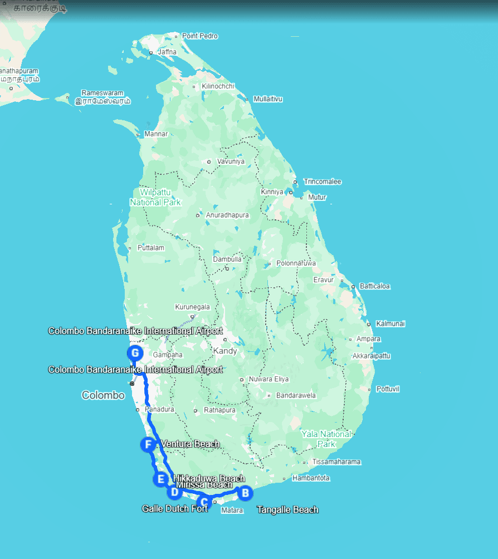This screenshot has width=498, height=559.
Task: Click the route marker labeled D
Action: [x=174, y=492]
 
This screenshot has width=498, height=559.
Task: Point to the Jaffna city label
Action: [x=167, y=52]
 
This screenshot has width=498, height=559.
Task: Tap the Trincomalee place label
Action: [x=322, y=182]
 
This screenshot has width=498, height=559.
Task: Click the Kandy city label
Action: [x=225, y=351]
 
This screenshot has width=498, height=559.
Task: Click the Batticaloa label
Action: [x=375, y=286]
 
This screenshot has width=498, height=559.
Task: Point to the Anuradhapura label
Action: [x=220, y=215]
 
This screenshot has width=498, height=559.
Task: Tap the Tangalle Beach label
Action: [x=287, y=509]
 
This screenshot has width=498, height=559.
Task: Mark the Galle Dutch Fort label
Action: [x=175, y=508]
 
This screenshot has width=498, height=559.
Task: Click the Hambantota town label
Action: [x=311, y=478]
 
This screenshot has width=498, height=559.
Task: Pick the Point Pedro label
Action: [x=200, y=36]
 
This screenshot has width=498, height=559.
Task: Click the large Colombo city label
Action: [x=103, y=395]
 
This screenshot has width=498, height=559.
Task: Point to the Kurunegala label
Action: [x=192, y=307]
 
